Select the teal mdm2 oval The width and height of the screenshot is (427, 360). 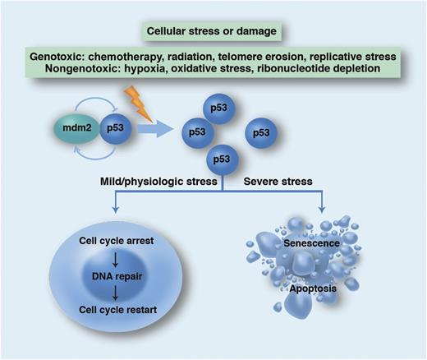pyautogui.click(x=74, y=129)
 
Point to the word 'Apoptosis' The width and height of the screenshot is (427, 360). pyautogui.click(x=310, y=289)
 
